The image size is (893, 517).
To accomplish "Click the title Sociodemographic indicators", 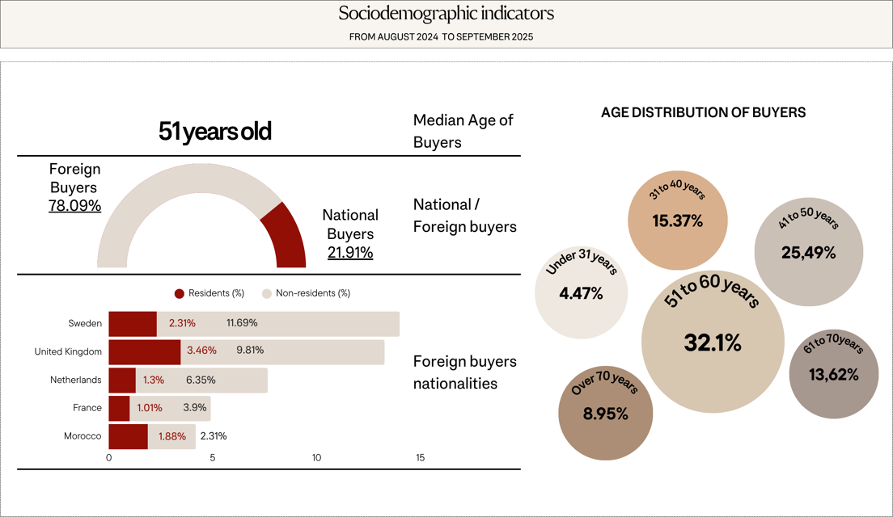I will [446, 14].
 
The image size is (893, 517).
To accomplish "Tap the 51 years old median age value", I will [214, 132].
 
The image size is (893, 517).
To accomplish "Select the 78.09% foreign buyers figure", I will [74, 206].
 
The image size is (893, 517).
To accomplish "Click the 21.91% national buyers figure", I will [350, 253].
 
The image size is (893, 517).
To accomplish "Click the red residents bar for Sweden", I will [133, 323].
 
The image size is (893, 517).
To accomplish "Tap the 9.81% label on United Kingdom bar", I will [250, 351].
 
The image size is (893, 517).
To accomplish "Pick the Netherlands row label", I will [76, 380].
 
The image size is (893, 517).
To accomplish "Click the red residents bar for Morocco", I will [128, 436].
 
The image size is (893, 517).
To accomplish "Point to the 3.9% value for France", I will [194, 408].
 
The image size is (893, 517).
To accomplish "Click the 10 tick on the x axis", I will [316, 458].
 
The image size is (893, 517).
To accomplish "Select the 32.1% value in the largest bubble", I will [713, 343].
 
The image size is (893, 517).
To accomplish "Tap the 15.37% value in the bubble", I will [677, 221].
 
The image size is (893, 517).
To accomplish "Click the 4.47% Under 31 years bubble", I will [581, 292].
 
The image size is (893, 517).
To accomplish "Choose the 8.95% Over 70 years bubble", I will [605, 413].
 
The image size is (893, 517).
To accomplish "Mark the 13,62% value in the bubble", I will [833, 374].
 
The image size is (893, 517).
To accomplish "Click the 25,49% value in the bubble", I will [808, 252].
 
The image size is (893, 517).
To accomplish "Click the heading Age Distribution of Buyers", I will [703, 113].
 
